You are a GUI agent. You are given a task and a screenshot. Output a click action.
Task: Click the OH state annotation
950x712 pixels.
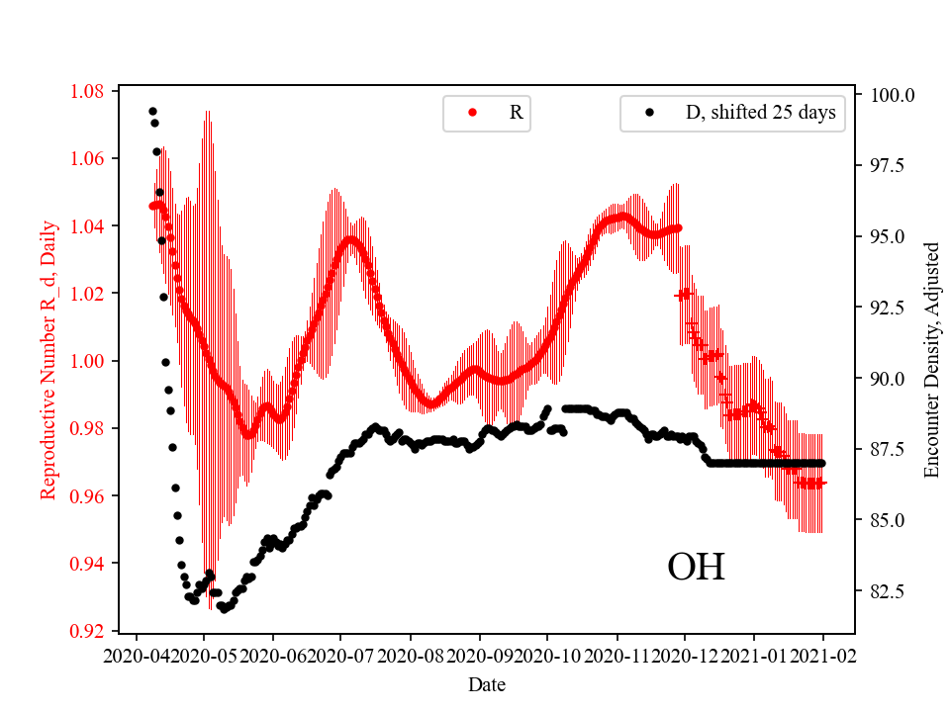(x=696, y=567)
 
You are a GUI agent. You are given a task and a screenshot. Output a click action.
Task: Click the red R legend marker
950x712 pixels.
(x=472, y=113)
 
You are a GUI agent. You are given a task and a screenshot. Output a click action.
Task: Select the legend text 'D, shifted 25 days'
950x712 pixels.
(x=760, y=113)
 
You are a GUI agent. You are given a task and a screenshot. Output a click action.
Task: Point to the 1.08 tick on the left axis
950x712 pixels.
(x=87, y=92)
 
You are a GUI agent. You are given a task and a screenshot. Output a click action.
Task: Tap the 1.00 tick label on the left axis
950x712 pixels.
(x=87, y=361)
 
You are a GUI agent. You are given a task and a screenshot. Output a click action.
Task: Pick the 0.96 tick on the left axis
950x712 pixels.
(x=87, y=495)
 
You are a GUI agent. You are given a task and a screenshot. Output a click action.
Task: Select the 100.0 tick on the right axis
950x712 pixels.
(x=893, y=95)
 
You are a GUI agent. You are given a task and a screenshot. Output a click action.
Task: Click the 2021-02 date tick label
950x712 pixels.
(x=822, y=655)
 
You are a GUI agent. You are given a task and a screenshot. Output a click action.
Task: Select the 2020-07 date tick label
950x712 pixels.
(x=340, y=655)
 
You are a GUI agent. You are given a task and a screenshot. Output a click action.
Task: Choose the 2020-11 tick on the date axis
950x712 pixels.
(x=617, y=655)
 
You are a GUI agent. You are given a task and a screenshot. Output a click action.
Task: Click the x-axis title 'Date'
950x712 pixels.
(x=487, y=684)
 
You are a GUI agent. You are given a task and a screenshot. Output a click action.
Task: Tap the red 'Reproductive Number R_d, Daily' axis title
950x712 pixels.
(x=47, y=361)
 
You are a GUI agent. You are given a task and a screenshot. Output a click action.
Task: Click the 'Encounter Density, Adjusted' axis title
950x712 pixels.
(x=931, y=361)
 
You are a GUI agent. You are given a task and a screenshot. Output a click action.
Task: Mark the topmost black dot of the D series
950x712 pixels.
(x=152, y=111)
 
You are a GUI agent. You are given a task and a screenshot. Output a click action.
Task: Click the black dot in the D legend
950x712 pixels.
(x=649, y=113)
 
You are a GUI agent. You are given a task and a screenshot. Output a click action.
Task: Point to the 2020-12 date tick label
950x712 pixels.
(x=685, y=655)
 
